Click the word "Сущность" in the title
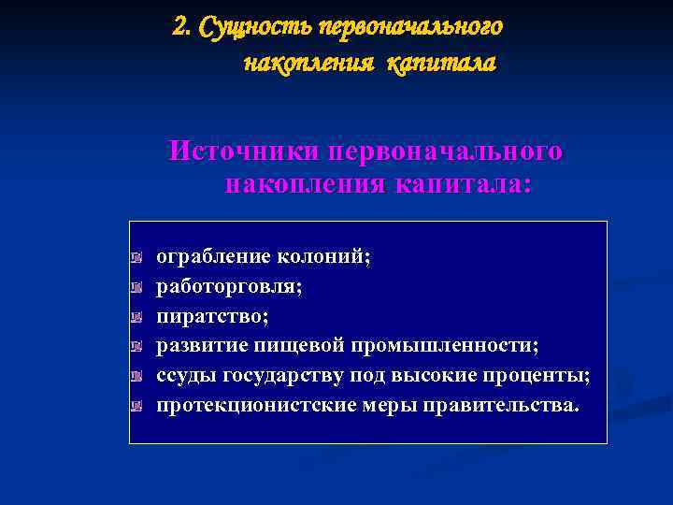[259, 26]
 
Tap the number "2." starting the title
[183, 26]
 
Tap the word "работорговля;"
[229, 286]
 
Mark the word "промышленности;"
[445, 346]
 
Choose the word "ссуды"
[187, 376]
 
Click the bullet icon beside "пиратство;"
[136, 317]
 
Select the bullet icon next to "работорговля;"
[136, 287]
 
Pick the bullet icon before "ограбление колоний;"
[136, 257]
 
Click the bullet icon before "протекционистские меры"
[136, 407]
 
